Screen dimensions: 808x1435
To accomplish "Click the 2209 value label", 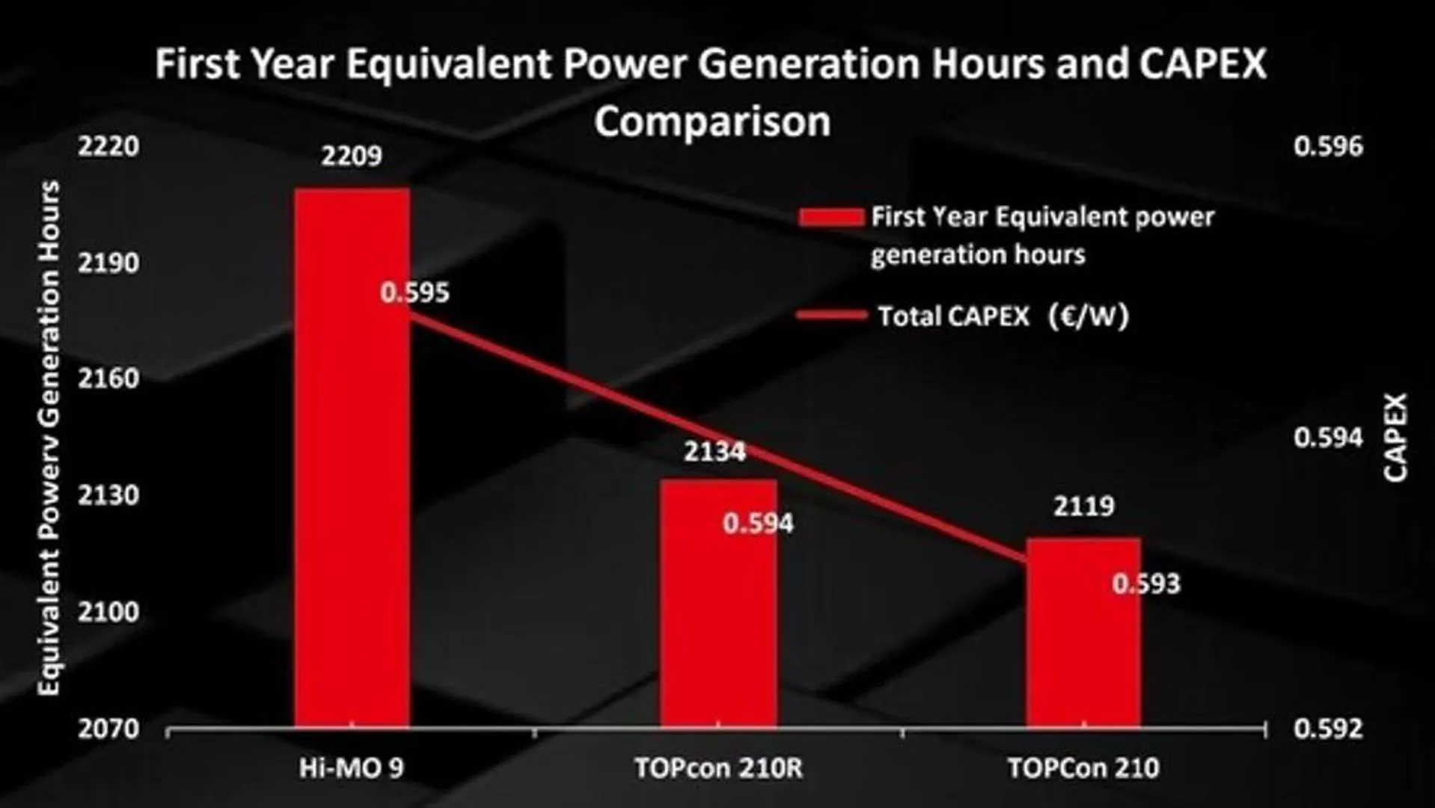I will pyautogui.click(x=352, y=156).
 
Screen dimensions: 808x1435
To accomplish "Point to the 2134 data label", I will pyautogui.click(x=715, y=452).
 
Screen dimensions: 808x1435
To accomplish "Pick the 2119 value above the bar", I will pyautogui.click(x=1084, y=507).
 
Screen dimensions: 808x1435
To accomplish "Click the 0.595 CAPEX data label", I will pyautogui.click(x=414, y=293).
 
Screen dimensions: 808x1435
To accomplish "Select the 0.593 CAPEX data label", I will pyautogui.click(x=1145, y=584).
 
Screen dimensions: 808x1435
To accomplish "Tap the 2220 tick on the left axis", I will pyautogui.click(x=109, y=147).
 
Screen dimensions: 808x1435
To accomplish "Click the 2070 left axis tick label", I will pyautogui.click(x=109, y=729).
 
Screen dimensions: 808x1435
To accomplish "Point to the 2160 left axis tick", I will pyautogui.click(x=109, y=379).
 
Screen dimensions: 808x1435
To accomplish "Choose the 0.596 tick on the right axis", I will pyautogui.click(x=1328, y=147).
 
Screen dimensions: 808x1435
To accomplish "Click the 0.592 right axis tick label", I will pyautogui.click(x=1328, y=729).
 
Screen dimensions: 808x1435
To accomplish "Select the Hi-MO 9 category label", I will pyautogui.click(x=352, y=768).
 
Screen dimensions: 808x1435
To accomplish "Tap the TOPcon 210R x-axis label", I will pyautogui.click(x=718, y=768).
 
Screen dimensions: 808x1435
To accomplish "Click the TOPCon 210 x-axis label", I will pyautogui.click(x=1083, y=768).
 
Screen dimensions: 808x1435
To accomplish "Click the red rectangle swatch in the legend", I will pyautogui.click(x=830, y=218).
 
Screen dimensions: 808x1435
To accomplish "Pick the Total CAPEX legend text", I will pyautogui.click(x=1003, y=316).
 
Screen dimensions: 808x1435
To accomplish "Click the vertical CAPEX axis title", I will pyautogui.click(x=1395, y=438).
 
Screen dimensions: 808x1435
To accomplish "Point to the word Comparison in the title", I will pyautogui.click(x=712, y=121).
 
